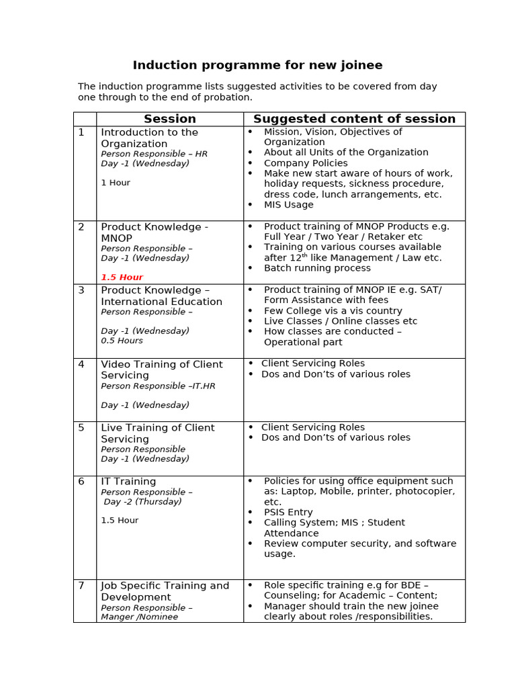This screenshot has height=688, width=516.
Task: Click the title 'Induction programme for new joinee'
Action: pos(257,65)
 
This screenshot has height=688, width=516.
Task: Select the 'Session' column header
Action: pos(170,119)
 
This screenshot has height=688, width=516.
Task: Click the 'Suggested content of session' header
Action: pos(354,119)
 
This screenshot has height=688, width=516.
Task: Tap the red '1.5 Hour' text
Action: pos(122,277)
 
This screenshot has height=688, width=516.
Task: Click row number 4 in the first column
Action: pos(81,364)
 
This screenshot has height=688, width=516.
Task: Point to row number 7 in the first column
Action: pos(81,586)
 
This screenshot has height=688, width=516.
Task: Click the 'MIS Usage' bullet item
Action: pos(288,205)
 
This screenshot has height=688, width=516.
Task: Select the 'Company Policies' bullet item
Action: pos(306,163)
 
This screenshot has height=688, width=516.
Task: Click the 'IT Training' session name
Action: pos(128,482)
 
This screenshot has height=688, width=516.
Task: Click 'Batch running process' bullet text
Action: pos(317,268)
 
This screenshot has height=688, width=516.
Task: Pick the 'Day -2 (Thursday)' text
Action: pos(142,502)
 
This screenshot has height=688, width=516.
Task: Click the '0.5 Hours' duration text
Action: pos(122,341)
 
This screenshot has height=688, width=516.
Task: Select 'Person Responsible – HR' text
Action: pos(154,154)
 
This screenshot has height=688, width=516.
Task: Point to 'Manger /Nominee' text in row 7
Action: pos(139,617)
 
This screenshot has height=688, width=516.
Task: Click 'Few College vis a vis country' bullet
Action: pos(333,311)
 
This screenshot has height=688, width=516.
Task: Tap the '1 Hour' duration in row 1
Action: pos(116,183)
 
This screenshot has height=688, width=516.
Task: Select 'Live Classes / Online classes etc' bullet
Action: pos(341,321)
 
